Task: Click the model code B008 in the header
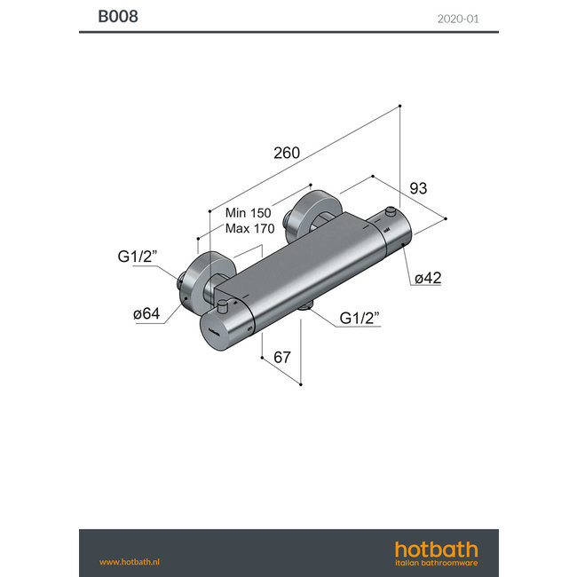point(117,16)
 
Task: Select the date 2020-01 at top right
point(458,17)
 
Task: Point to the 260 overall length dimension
point(286,153)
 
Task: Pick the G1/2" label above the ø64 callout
point(137,257)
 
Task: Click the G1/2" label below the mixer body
point(360,319)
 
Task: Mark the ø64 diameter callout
point(146,313)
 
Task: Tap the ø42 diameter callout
point(427,278)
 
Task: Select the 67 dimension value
point(281,357)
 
